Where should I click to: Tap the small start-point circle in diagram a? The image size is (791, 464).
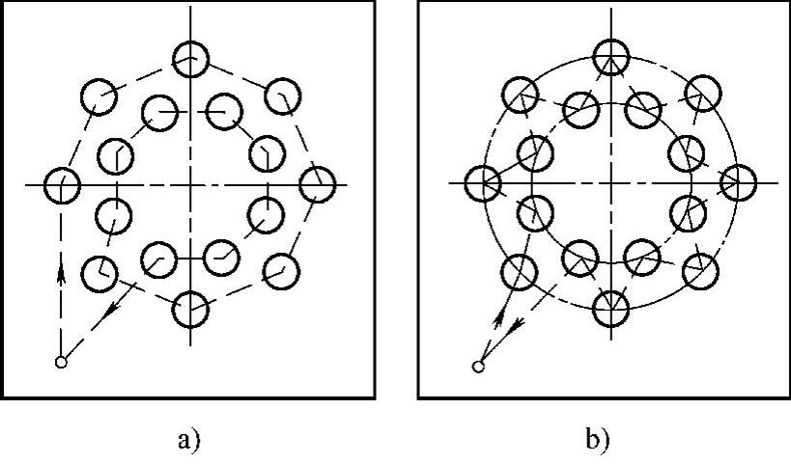coord(61,363)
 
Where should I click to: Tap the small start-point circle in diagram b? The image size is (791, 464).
coord(477,367)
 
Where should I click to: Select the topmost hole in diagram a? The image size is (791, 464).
coord(190,58)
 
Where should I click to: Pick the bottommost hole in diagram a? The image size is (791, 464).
coord(190,309)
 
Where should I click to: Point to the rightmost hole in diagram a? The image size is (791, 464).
coord(317,183)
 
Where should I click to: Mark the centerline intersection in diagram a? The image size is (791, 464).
coord(190,183)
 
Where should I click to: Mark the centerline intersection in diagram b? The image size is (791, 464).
coord(609,181)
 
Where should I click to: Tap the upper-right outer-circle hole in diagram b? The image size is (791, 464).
coord(702,93)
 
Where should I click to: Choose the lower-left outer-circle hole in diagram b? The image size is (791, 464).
coord(520,270)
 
